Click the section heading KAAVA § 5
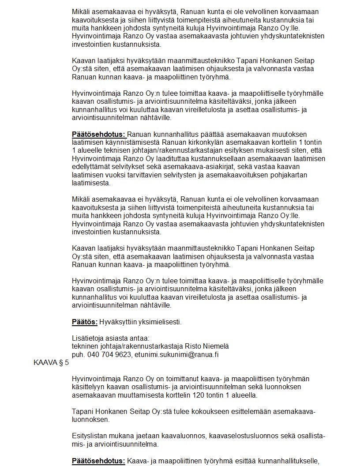[x=51, y=363]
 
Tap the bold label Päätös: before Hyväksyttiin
[x=85, y=322]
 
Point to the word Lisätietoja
[x=87, y=338]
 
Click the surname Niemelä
[x=215, y=346]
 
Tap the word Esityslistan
[x=90, y=436]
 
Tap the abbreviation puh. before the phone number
[x=79, y=354]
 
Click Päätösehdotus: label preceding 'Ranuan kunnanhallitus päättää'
[x=99, y=134]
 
